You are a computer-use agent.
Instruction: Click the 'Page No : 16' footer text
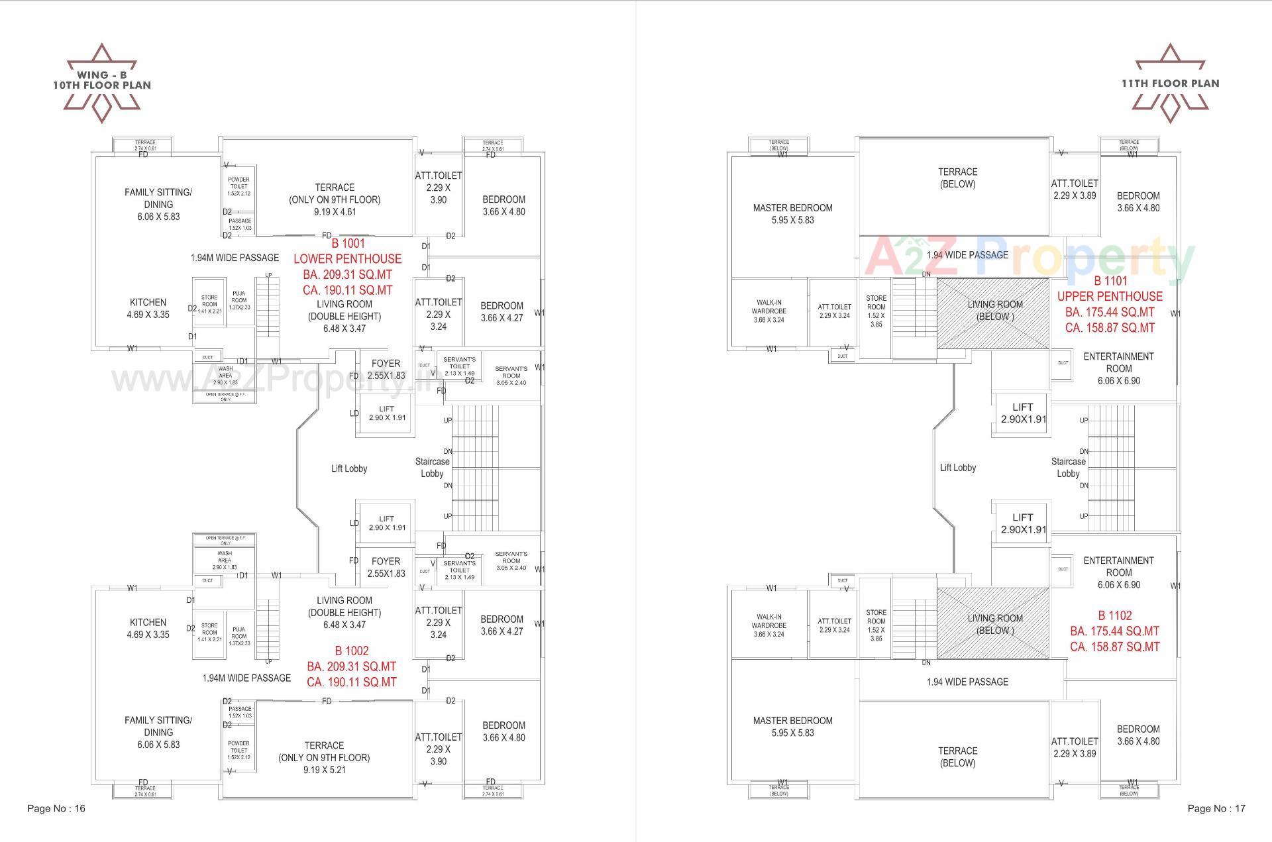[56, 808]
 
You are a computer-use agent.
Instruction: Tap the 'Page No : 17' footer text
[1216, 808]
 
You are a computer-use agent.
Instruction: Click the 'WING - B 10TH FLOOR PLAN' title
[102, 80]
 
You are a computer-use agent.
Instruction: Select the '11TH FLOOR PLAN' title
[1170, 83]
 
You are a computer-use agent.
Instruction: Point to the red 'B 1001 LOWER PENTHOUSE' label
[348, 252]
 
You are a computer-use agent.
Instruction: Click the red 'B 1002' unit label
[352, 651]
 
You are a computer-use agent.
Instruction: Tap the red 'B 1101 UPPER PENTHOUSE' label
[1110, 289]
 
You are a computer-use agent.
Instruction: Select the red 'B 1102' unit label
[1115, 615]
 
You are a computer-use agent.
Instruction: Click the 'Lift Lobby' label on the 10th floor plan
[349, 468]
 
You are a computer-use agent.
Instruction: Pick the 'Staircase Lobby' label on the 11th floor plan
[1068, 467]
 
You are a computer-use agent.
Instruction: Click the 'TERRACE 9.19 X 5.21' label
[324, 757]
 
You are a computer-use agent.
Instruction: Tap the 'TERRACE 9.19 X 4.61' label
[335, 199]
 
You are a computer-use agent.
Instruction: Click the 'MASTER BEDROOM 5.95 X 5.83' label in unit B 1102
[792, 726]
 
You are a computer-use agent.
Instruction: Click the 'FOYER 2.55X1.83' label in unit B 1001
[386, 369]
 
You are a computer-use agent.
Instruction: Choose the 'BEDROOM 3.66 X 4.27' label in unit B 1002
[502, 625]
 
